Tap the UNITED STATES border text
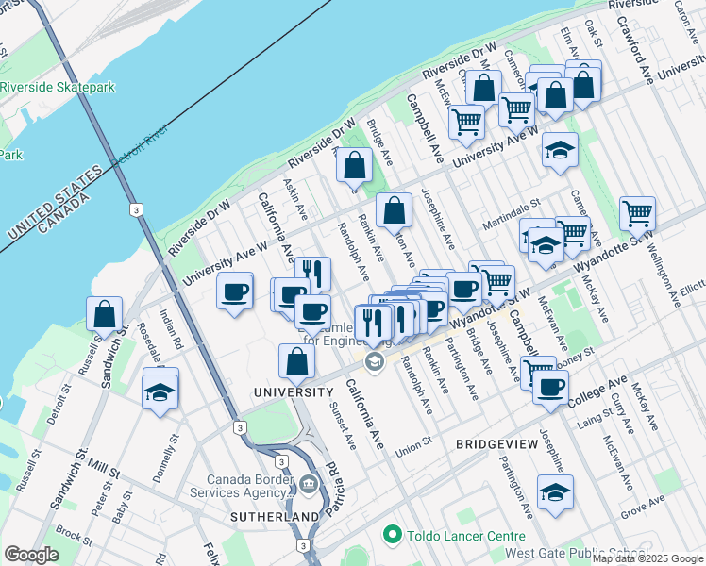(x=53, y=202)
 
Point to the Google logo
(x=32, y=555)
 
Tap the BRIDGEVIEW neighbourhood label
(x=496, y=442)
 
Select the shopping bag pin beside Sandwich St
(x=106, y=314)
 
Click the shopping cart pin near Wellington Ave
(x=638, y=212)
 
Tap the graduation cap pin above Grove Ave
(x=555, y=492)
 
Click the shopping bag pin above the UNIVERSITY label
(x=296, y=361)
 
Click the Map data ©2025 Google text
(x=647, y=558)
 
